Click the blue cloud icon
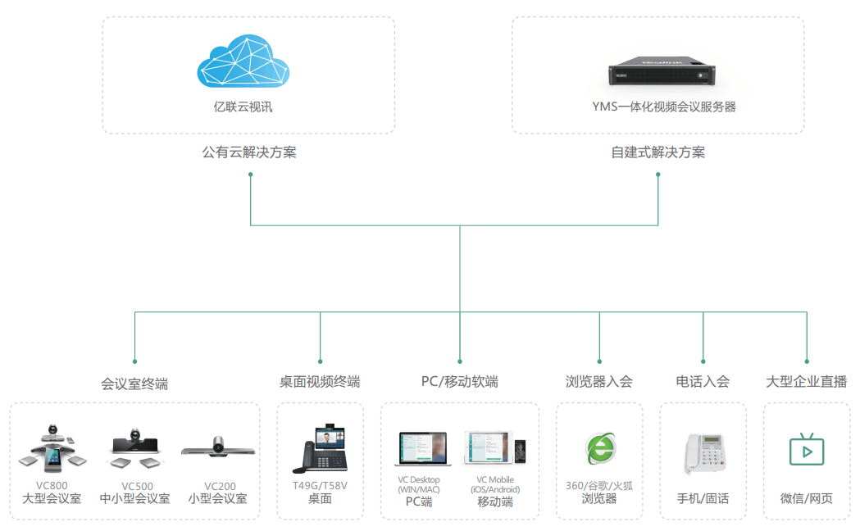(243, 62)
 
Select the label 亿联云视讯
(248, 107)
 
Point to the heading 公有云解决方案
(248, 152)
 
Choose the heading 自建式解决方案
(658, 152)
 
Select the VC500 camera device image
(137, 447)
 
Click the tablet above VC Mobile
(489, 448)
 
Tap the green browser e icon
(599, 448)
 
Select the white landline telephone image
(703, 452)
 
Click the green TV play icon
(806, 450)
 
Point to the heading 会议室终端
(134, 383)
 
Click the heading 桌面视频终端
(320, 382)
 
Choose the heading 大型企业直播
(806, 382)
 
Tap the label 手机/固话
(703, 498)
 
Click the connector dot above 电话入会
(703, 361)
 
